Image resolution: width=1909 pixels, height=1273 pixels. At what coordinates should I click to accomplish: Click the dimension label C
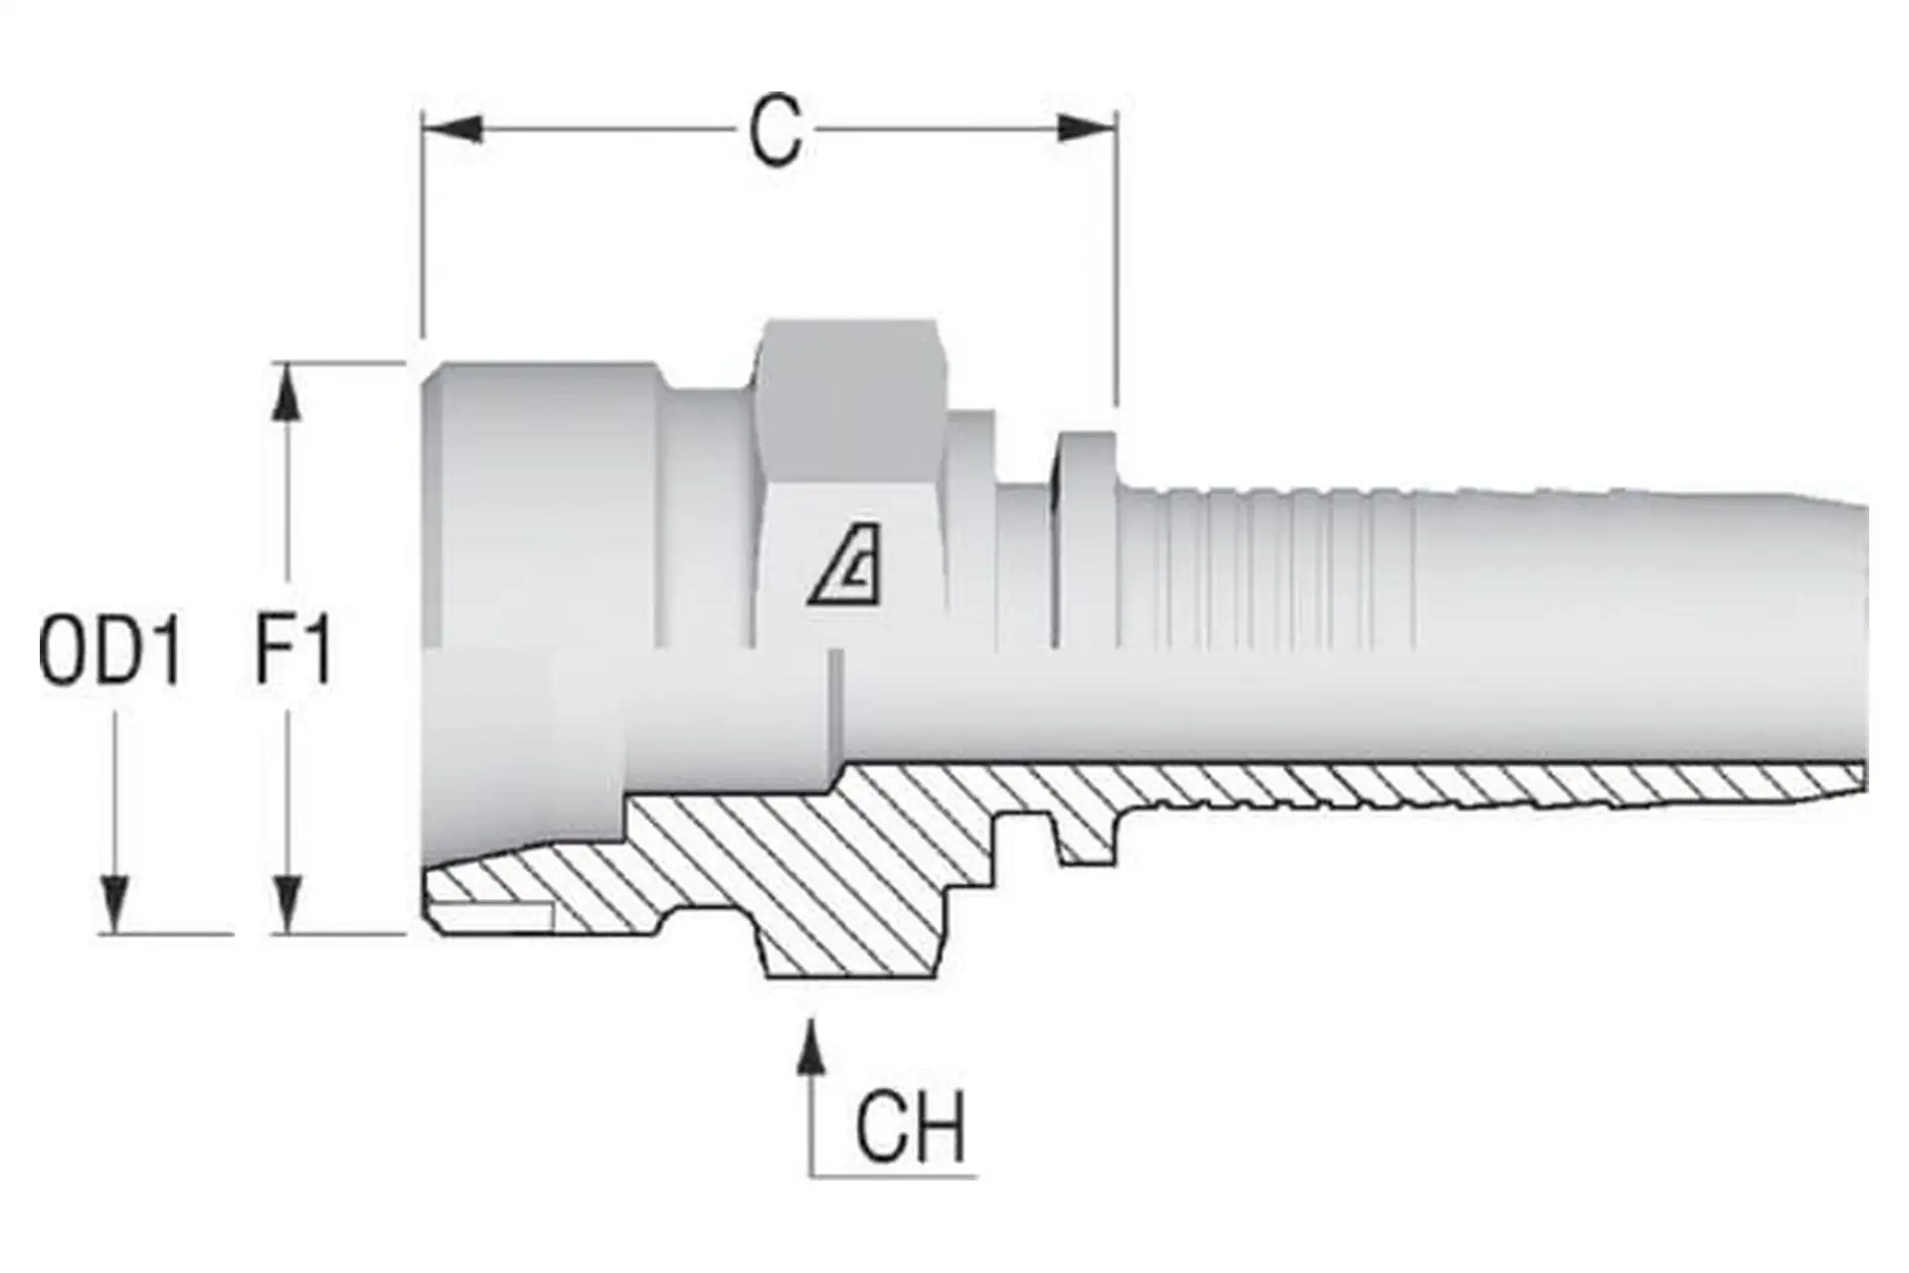pyautogui.click(x=776, y=131)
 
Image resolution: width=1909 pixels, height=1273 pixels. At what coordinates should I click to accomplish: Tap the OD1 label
pyautogui.click(x=110, y=651)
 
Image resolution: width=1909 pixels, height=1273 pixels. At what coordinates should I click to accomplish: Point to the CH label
pyautogui.click(x=911, y=1128)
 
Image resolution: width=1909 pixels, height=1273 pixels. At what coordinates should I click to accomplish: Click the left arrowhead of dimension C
pyautogui.click(x=452, y=129)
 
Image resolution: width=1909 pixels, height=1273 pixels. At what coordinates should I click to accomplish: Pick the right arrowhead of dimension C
pyautogui.click(x=1086, y=129)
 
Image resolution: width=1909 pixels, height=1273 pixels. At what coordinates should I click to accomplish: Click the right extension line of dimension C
pyautogui.click(x=1117, y=259)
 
